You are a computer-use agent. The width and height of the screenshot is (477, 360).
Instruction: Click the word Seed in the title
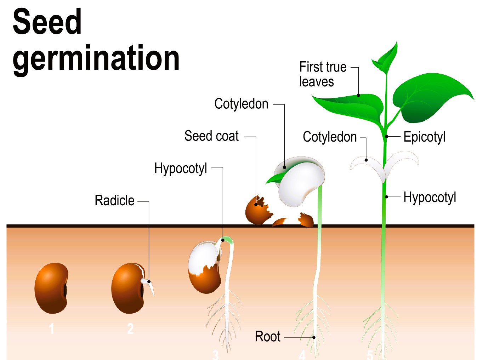point(47,22)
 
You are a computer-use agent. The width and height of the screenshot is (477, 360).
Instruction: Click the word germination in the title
point(96,58)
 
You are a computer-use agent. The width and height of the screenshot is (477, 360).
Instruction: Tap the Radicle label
point(114,200)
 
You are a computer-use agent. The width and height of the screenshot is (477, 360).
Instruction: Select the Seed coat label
point(211,136)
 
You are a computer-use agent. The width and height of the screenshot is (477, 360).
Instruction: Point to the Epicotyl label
point(424,137)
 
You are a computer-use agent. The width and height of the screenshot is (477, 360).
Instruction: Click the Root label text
point(267,336)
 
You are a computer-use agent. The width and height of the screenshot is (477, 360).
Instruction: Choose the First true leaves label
point(322,74)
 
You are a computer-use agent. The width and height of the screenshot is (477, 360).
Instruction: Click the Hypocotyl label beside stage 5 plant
point(430,197)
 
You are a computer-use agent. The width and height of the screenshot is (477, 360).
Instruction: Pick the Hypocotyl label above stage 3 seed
point(181,168)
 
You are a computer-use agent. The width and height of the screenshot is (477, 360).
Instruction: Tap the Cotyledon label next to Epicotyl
point(330,137)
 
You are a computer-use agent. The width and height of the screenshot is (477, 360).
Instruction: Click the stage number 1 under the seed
point(52,329)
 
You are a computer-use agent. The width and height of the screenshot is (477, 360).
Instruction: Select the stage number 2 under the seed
point(130,329)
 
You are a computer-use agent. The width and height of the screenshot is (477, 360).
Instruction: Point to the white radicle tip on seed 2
point(152,288)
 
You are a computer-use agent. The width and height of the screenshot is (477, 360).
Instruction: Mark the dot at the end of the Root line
point(314,337)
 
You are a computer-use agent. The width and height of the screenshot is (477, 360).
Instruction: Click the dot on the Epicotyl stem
point(387,136)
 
